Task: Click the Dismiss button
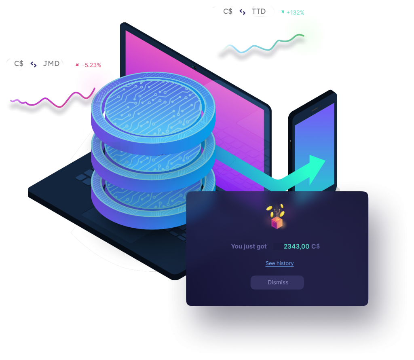point(277,282)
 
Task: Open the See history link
point(279,263)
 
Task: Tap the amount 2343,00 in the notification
point(296,246)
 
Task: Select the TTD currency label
point(259,11)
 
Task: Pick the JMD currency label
point(51,64)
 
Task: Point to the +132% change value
point(295,13)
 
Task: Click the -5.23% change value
point(91,65)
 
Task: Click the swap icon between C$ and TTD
point(242,12)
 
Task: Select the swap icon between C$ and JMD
point(34,64)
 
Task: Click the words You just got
point(249,246)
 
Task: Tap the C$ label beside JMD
point(19,64)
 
